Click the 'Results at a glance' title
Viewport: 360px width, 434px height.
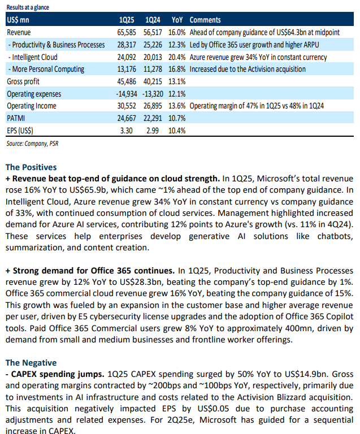(28, 7)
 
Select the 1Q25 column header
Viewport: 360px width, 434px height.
(127, 20)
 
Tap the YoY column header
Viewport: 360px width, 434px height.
(177, 20)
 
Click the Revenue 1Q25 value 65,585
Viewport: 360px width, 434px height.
(127, 32)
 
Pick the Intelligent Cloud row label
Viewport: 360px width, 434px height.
(33, 57)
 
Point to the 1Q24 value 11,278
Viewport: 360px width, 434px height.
(153, 69)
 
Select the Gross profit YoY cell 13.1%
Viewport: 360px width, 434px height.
(177, 81)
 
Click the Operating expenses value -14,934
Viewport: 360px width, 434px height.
(127, 94)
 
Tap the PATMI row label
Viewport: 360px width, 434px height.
(16, 118)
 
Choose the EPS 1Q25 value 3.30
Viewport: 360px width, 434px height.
(126, 131)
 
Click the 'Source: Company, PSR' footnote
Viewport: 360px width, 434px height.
(32, 144)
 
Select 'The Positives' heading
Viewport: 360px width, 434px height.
(31, 167)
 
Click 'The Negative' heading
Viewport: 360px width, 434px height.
(31, 363)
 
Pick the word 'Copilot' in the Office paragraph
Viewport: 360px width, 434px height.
(340, 316)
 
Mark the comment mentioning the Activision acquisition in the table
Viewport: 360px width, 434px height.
(248, 69)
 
